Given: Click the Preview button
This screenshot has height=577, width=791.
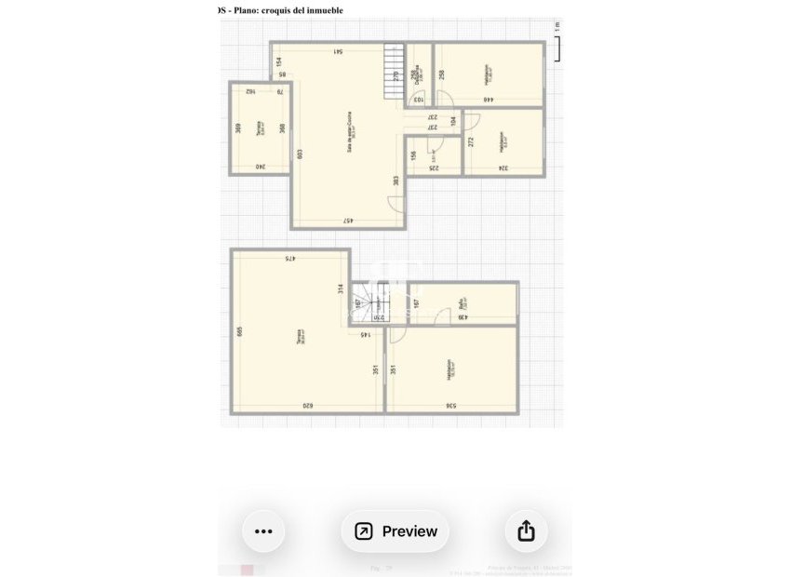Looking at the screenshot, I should tap(395, 531).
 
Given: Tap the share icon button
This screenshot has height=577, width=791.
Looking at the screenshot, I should tap(526, 531).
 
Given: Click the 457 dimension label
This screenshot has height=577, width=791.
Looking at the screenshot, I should tap(348, 221).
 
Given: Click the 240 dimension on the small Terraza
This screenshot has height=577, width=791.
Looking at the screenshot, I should tap(261, 167).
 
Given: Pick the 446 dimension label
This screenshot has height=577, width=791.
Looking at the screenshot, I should tap(488, 100).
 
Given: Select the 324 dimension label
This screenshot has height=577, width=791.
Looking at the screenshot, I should tap(503, 168).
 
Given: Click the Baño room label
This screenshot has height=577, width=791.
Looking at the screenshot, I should tap(463, 302).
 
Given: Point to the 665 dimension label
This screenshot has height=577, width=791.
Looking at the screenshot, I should tap(240, 331).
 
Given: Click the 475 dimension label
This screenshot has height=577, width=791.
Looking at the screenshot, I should tap(290, 259).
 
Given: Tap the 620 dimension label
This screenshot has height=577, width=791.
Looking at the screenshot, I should tap(307, 406).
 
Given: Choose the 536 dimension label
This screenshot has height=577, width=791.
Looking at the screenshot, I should tap(451, 406).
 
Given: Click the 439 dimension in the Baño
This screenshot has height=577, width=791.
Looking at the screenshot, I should tap(462, 318).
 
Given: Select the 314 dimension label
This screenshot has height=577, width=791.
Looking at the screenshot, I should tap(342, 288).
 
